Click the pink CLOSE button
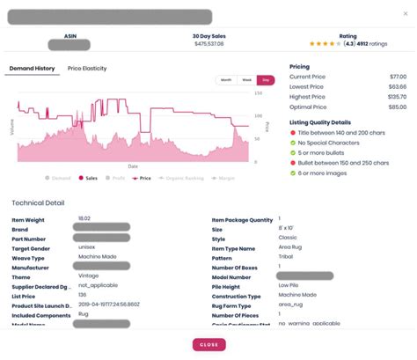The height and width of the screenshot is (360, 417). click(x=208, y=345)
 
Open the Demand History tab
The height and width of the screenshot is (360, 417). click(x=32, y=68)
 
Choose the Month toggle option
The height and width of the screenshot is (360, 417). click(x=227, y=80)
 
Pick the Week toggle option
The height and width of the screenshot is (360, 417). click(x=247, y=80)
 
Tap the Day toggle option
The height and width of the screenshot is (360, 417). click(x=267, y=80)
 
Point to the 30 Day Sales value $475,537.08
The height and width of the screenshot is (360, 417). click(x=208, y=43)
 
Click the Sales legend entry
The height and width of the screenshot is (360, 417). click(x=90, y=177)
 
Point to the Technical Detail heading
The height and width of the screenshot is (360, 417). click(x=38, y=202)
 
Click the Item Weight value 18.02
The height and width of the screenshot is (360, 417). click(x=84, y=217)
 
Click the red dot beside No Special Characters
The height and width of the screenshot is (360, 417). click(x=292, y=141)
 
